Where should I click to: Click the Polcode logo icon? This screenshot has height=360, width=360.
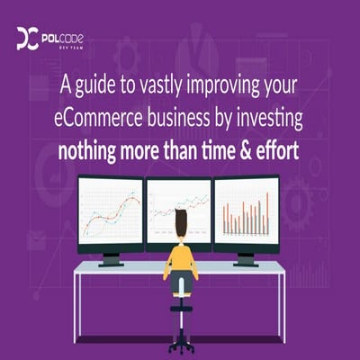click(x=26, y=39)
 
